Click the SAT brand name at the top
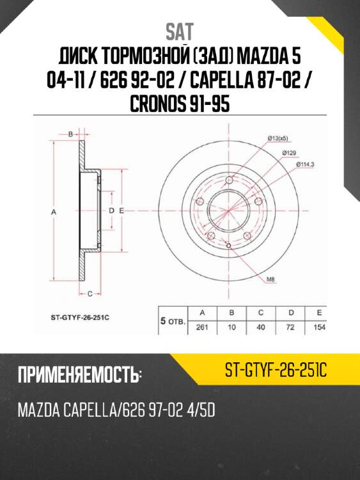180,32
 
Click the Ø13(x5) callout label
278,139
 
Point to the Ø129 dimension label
289,152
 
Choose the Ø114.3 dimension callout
305,164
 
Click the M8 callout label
270,279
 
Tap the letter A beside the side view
54,212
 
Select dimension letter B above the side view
70,134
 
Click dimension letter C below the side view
90,294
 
